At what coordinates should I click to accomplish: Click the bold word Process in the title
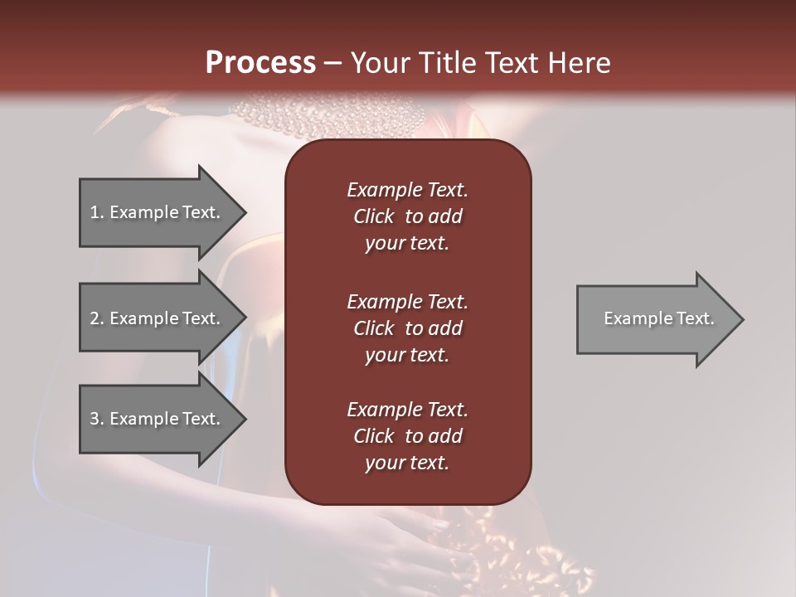point(260,63)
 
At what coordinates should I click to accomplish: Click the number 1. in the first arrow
point(97,212)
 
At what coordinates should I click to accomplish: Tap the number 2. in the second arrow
point(97,318)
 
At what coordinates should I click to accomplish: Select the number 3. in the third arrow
point(97,419)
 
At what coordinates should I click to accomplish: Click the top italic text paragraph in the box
point(407,216)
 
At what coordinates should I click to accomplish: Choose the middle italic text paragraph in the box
point(407,328)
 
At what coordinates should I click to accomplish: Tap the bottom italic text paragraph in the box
point(407,436)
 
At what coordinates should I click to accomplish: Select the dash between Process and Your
point(332,63)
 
